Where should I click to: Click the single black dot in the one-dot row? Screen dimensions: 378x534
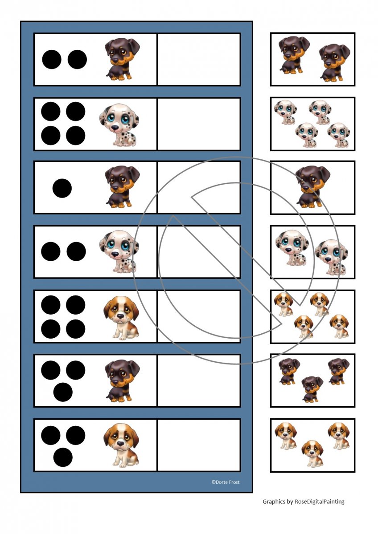click(62, 188)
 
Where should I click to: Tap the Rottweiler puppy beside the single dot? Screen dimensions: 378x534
click(122, 186)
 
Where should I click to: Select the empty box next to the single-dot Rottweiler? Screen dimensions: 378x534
click(199, 187)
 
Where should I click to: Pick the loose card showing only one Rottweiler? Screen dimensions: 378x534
click(313, 188)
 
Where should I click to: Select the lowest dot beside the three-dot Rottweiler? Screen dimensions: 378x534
click(63, 392)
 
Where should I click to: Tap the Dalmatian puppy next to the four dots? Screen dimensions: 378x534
click(119, 125)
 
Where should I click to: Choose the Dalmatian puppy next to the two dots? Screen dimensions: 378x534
click(119, 251)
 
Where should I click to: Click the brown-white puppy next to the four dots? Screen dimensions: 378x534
click(121, 318)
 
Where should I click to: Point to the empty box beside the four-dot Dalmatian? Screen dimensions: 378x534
click(199, 124)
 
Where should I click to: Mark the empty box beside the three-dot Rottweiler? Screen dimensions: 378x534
click(199, 380)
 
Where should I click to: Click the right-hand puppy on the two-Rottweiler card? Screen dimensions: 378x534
click(335, 62)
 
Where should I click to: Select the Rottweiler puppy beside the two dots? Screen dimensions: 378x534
click(122, 60)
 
